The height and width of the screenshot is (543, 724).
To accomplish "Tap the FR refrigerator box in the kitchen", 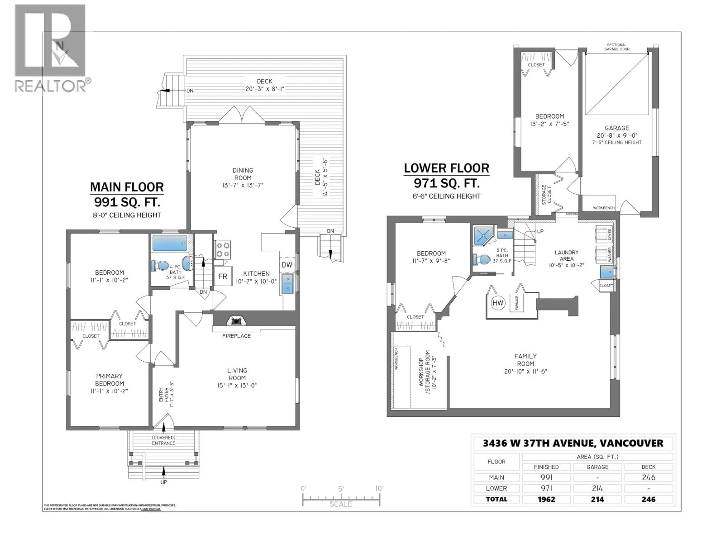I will tap(222, 276).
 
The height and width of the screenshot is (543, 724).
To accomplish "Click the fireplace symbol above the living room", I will tap(235, 321).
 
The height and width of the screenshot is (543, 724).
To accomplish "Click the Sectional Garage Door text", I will tap(617, 47).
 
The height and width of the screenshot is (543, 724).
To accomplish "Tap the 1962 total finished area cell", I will tap(546, 499).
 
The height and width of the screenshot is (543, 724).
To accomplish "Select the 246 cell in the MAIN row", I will tap(648, 477).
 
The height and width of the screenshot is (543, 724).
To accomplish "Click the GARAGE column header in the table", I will tap(597, 467).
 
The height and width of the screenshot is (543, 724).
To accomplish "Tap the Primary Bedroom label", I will tap(109, 380).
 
